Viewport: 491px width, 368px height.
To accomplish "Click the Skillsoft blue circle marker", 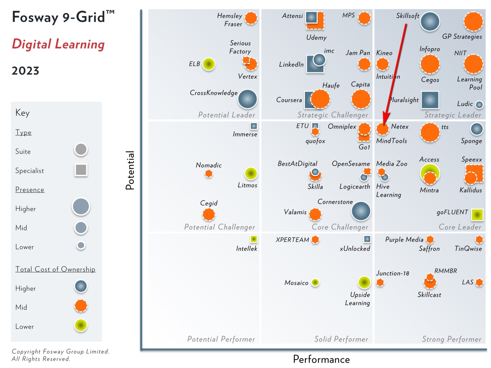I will (x=430, y=21).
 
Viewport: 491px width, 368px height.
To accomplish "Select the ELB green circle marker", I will (x=208, y=64).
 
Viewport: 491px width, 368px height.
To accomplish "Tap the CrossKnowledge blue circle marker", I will (x=247, y=99).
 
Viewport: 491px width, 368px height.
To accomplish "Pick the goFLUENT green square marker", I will (x=477, y=215).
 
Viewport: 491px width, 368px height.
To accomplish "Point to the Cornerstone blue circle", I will (x=361, y=211).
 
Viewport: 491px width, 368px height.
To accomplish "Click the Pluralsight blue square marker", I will (x=430, y=100).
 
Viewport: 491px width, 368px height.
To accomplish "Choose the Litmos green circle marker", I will (x=251, y=174).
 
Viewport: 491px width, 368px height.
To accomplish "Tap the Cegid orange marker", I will (x=209, y=214).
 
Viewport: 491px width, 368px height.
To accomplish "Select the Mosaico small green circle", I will (x=315, y=283).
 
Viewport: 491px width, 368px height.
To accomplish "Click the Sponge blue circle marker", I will (x=476, y=129).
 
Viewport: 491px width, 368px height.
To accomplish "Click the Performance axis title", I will (x=321, y=359).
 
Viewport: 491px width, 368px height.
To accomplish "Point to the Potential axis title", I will (x=130, y=170).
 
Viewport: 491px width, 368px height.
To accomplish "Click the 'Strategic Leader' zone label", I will (x=453, y=115).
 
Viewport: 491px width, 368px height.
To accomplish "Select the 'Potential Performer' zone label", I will (x=221, y=339).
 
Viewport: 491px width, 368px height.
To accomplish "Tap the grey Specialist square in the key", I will (x=81, y=170).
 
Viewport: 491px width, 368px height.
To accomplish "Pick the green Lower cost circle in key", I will (x=81, y=325).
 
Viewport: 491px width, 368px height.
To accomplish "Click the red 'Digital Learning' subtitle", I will (x=58, y=44).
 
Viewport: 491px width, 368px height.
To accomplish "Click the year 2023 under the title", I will (x=25, y=71).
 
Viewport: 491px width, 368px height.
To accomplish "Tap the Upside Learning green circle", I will (x=364, y=283).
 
